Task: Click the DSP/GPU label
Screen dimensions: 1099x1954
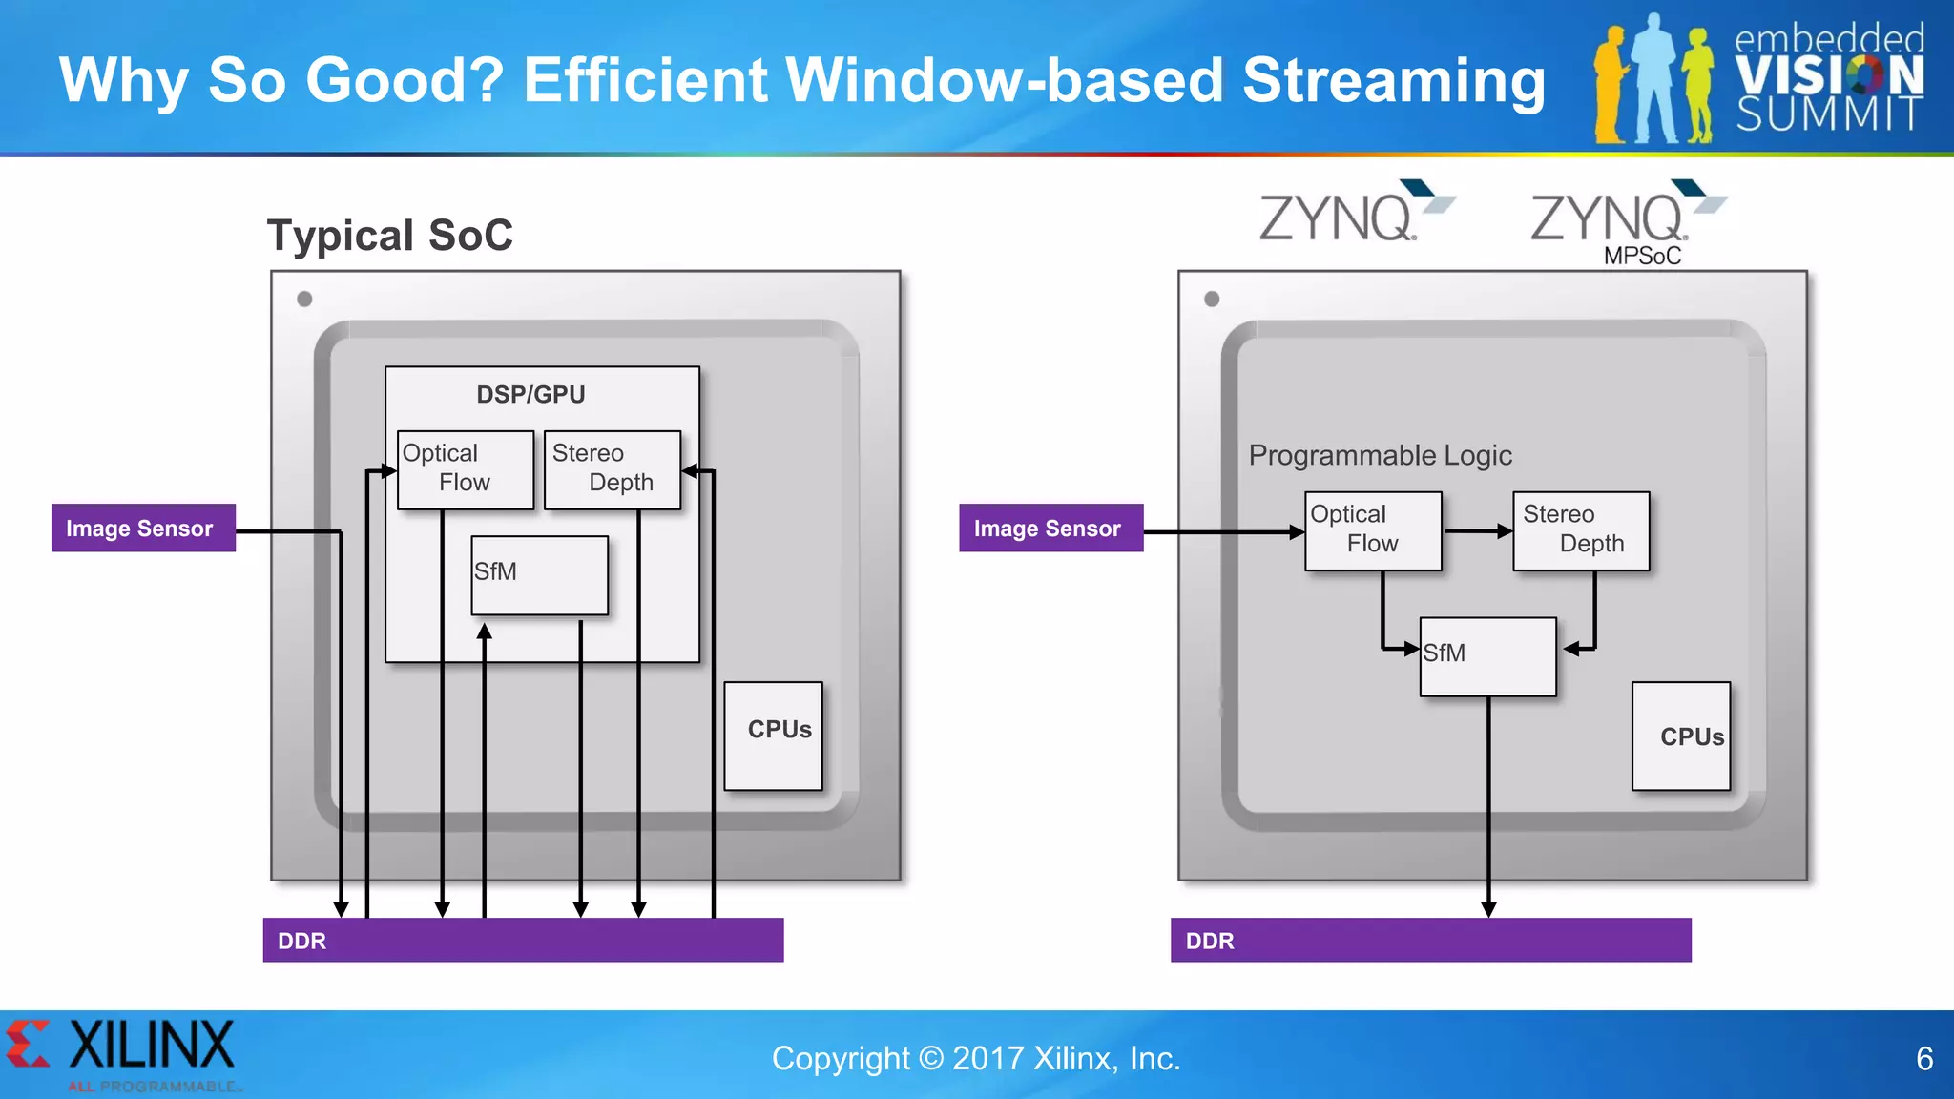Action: (x=530, y=394)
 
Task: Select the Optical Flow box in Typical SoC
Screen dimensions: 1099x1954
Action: (x=465, y=469)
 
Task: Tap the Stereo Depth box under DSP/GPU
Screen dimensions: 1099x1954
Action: (x=612, y=469)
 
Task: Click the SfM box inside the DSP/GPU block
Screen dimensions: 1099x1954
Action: (x=539, y=575)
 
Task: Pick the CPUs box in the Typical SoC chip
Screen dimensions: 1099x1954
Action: (x=773, y=735)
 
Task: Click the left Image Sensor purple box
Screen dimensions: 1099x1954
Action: (x=143, y=528)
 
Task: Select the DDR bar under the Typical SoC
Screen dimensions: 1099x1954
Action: (x=523, y=940)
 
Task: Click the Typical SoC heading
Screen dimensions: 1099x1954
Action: (x=389, y=235)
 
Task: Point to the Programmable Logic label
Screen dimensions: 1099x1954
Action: (x=1380, y=455)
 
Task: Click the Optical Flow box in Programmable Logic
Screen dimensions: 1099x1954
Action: (x=1372, y=530)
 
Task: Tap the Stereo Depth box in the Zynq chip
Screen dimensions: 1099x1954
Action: (x=1580, y=530)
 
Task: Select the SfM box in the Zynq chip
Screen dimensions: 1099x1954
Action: (x=1487, y=656)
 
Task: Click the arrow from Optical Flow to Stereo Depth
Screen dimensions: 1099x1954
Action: (x=1477, y=530)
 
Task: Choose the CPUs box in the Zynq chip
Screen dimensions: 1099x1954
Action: (x=1680, y=736)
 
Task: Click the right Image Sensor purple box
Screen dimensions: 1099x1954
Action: (x=1050, y=528)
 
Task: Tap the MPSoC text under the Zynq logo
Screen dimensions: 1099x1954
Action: (x=1642, y=256)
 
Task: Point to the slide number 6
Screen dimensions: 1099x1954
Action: (x=1923, y=1058)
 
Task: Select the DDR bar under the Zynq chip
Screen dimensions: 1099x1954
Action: (x=1430, y=940)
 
